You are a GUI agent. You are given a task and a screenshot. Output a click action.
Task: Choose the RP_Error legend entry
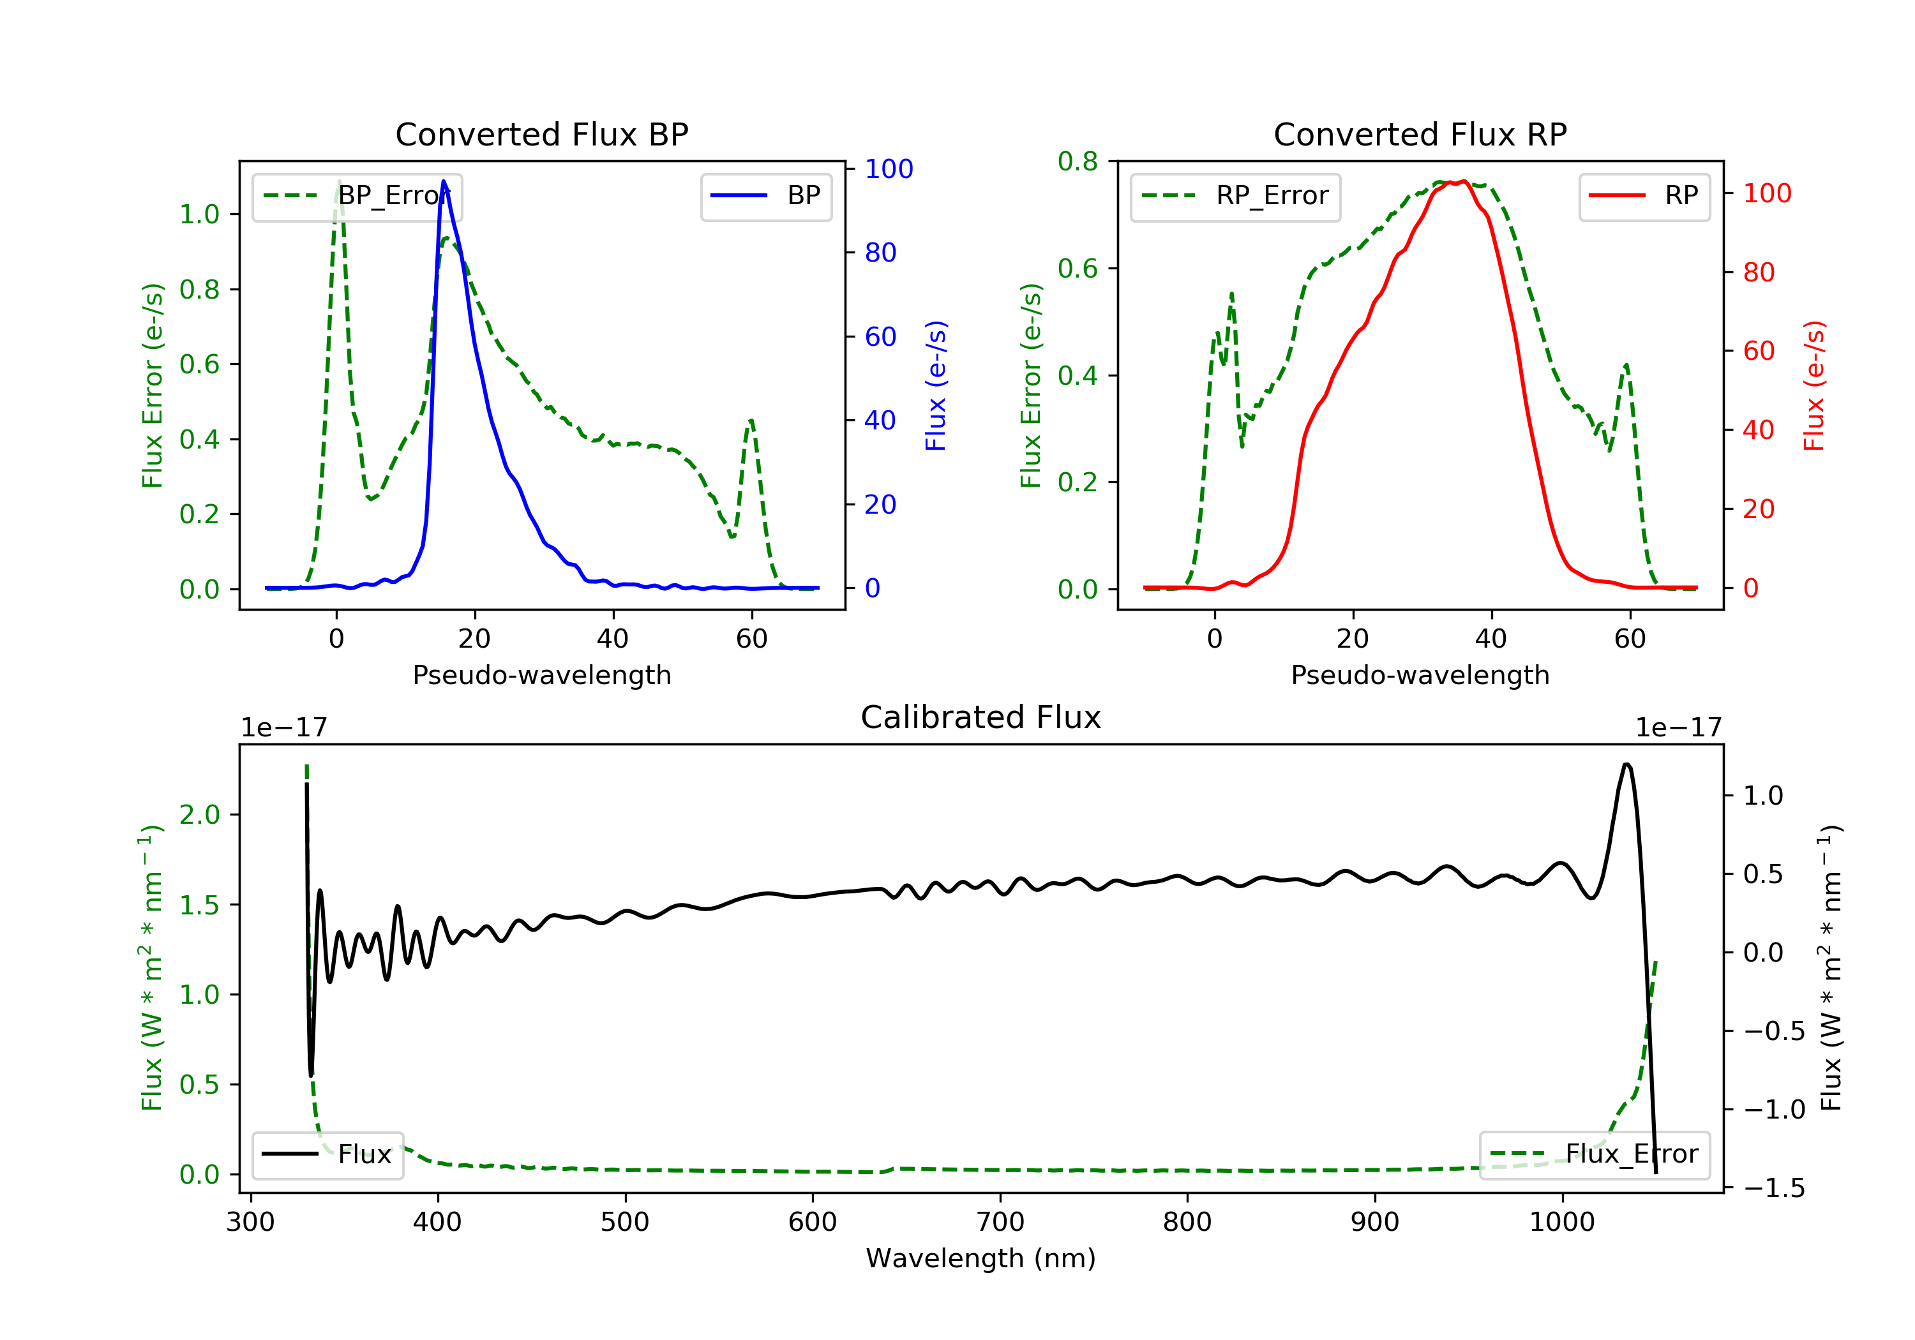pyautogui.click(x=1235, y=196)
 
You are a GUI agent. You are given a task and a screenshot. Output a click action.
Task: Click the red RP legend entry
pyautogui.click(x=1644, y=196)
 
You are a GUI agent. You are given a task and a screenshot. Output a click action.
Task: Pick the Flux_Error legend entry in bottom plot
pyautogui.click(x=1594, y=1154)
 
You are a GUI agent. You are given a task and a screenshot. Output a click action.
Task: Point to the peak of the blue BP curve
pyautogui.click(x=444, y=181)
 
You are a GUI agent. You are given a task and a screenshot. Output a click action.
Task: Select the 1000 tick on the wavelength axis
pyautogui.click(x=1561, y=1223)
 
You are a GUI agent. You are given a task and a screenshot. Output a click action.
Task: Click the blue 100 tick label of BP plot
pyautogui.click(x=889, y=169)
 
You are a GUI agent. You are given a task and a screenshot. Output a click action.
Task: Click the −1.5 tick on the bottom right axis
pyautogui.click(x=1774, y=1188)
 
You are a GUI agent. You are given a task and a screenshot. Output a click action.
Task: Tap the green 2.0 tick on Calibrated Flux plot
pyautogui.click(x=200, y=815)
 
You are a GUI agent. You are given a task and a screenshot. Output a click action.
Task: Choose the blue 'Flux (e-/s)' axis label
pyautogui.click(x=936, y=386)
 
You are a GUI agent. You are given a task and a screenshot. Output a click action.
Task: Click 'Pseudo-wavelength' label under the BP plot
pyautogui.click(x=541, y=675)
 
